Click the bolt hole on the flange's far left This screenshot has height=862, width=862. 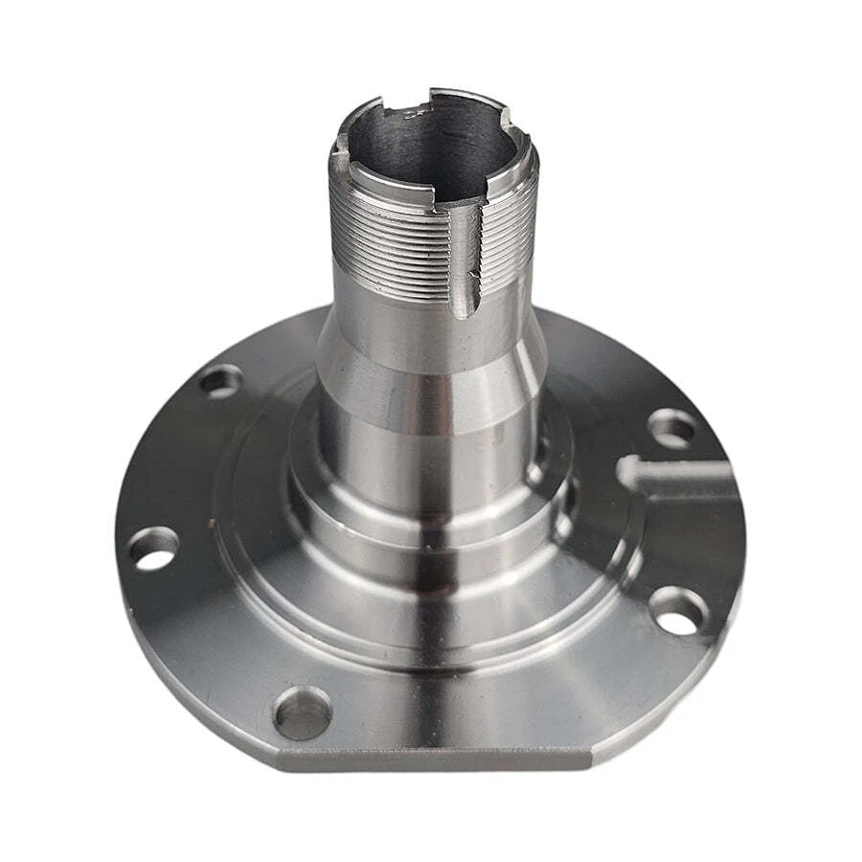[154, 549]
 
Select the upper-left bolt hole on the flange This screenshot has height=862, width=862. [220, 381]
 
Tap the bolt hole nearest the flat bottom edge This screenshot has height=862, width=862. [302, 713]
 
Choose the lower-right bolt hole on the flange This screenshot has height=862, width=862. [678, 609]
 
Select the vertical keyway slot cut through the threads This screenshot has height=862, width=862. [464, 259]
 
